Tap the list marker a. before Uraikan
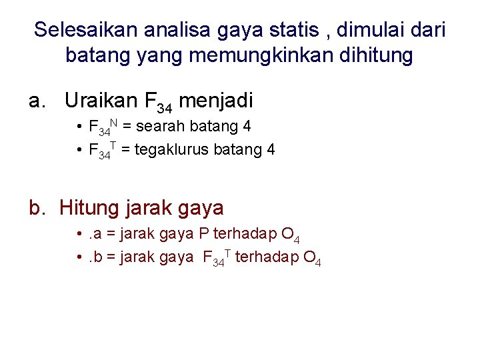37,101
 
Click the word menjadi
217,101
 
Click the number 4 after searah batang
247,126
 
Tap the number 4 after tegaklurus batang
271,149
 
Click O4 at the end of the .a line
291,235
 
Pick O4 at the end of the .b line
313,258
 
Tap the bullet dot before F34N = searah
79,126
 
